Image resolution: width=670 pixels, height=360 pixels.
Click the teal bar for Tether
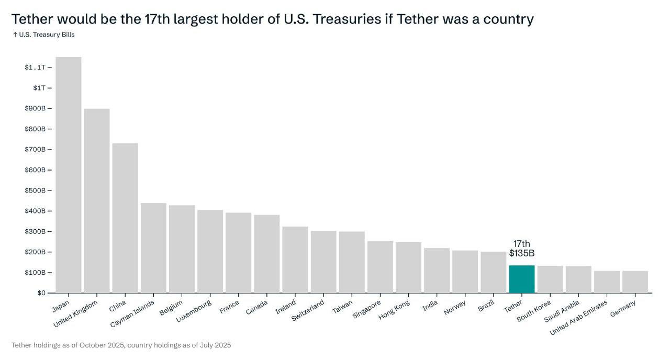point(521,279)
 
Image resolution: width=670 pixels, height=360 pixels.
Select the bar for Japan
point(69,175)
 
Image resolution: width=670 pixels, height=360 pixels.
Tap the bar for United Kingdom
point(97,201)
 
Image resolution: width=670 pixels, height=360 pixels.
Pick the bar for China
point(125,218)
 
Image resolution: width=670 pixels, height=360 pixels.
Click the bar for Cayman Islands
point(153,248)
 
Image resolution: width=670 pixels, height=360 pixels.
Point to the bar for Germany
point(635,282)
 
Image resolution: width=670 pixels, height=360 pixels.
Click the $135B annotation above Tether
point(521,254)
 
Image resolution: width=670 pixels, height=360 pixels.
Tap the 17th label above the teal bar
point(521,244)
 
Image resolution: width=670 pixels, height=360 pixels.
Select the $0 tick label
point(41,293)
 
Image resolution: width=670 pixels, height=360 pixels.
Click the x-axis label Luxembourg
point(194,311)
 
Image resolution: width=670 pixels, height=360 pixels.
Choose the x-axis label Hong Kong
point(395,310)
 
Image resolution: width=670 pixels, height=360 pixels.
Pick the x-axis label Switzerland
point(307,311)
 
